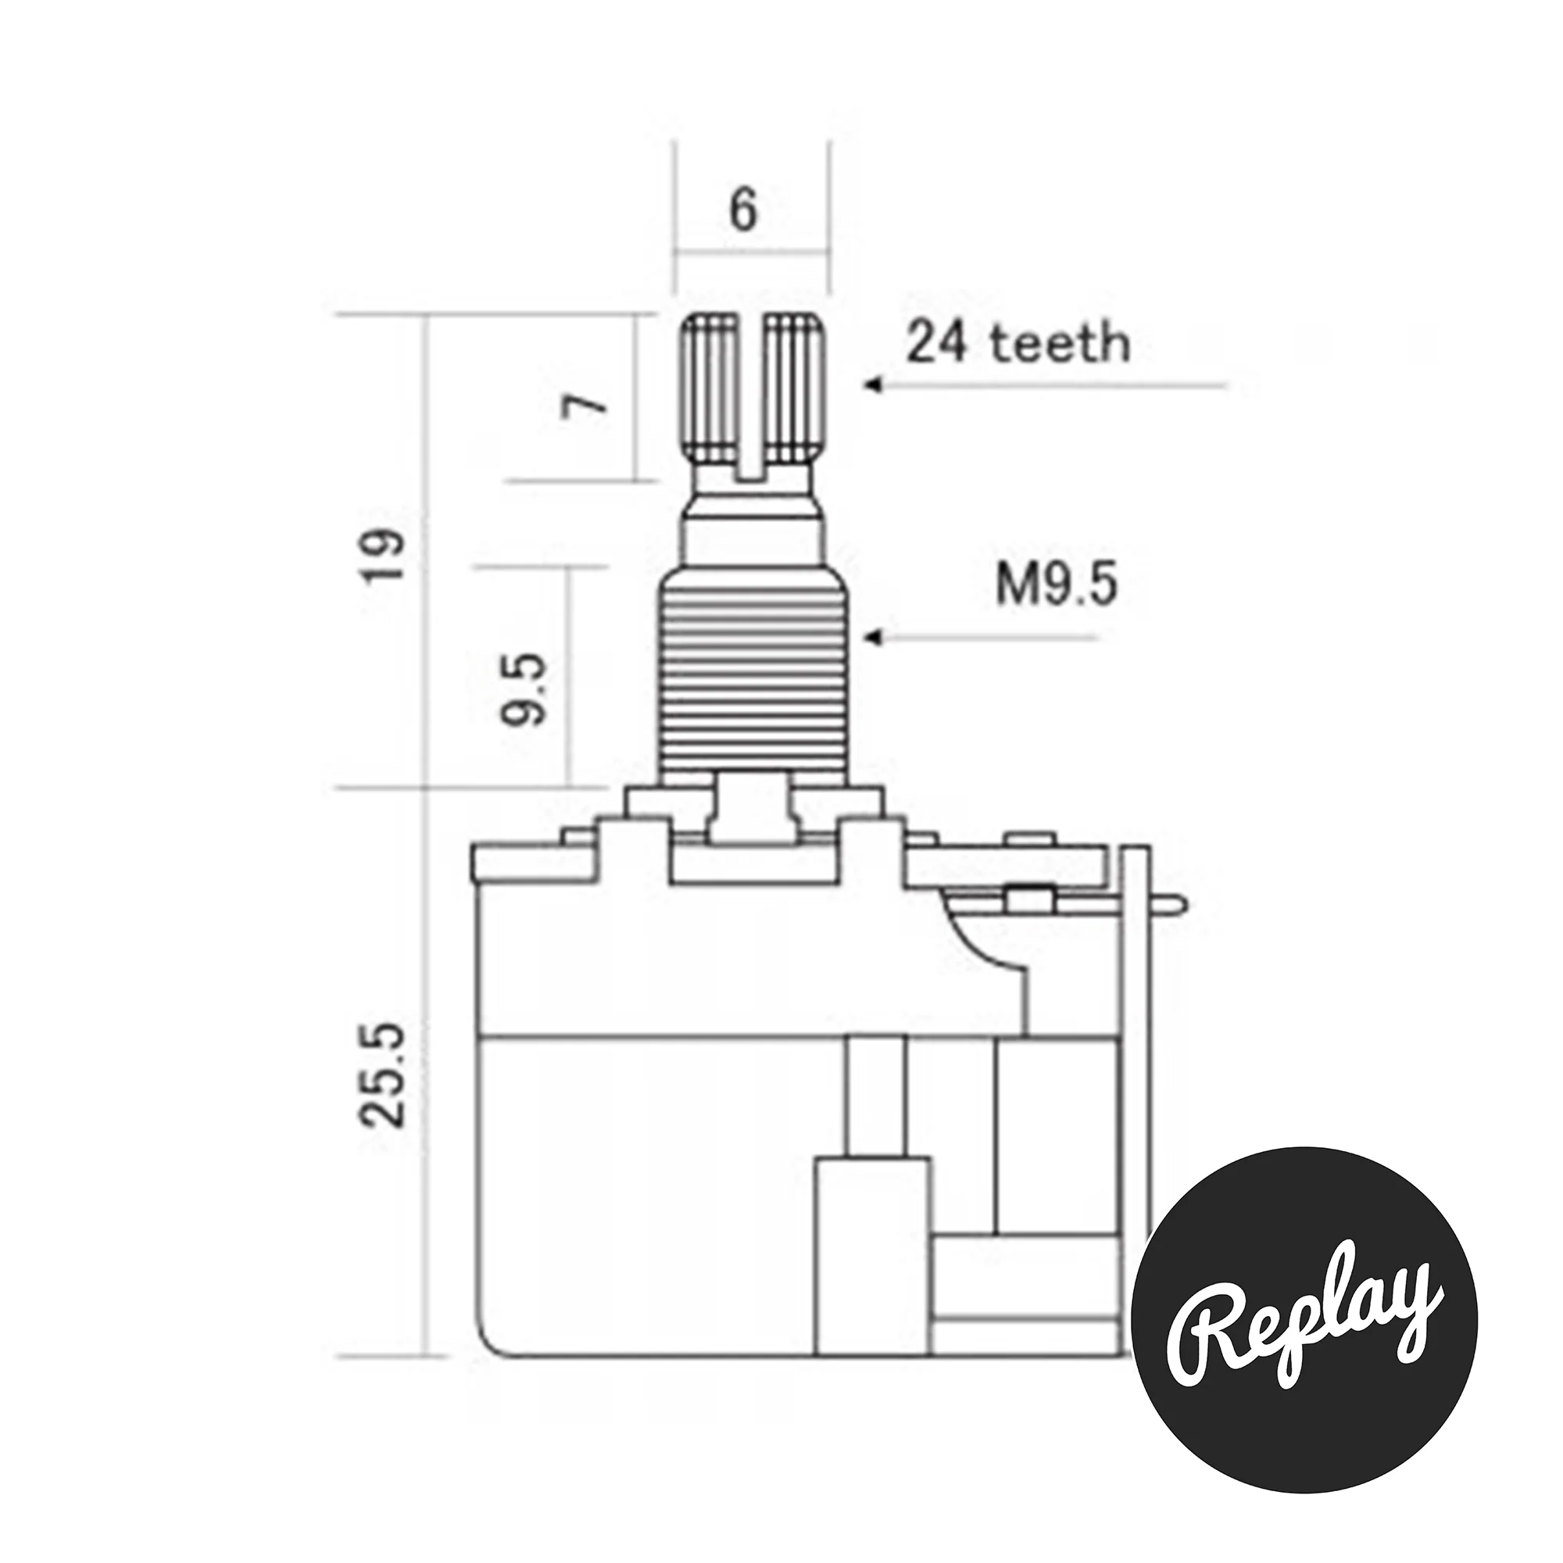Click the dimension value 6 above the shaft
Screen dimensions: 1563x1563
tap(742, 211)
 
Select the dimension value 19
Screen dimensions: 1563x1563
tap(383, 556)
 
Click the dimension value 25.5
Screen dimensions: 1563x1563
tap(383, 1075)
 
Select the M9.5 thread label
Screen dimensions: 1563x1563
tap(1057, 585)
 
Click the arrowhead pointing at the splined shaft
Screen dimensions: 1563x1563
tap(872, 385)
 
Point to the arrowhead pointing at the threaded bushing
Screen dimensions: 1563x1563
tap(872, 638)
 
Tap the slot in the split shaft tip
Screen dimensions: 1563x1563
tap(753, 396)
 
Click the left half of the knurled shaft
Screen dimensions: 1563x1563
tap(713, 389)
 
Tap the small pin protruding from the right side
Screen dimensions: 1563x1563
tap(1168, 904)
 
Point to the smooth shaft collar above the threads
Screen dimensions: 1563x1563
tap(753, 538)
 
